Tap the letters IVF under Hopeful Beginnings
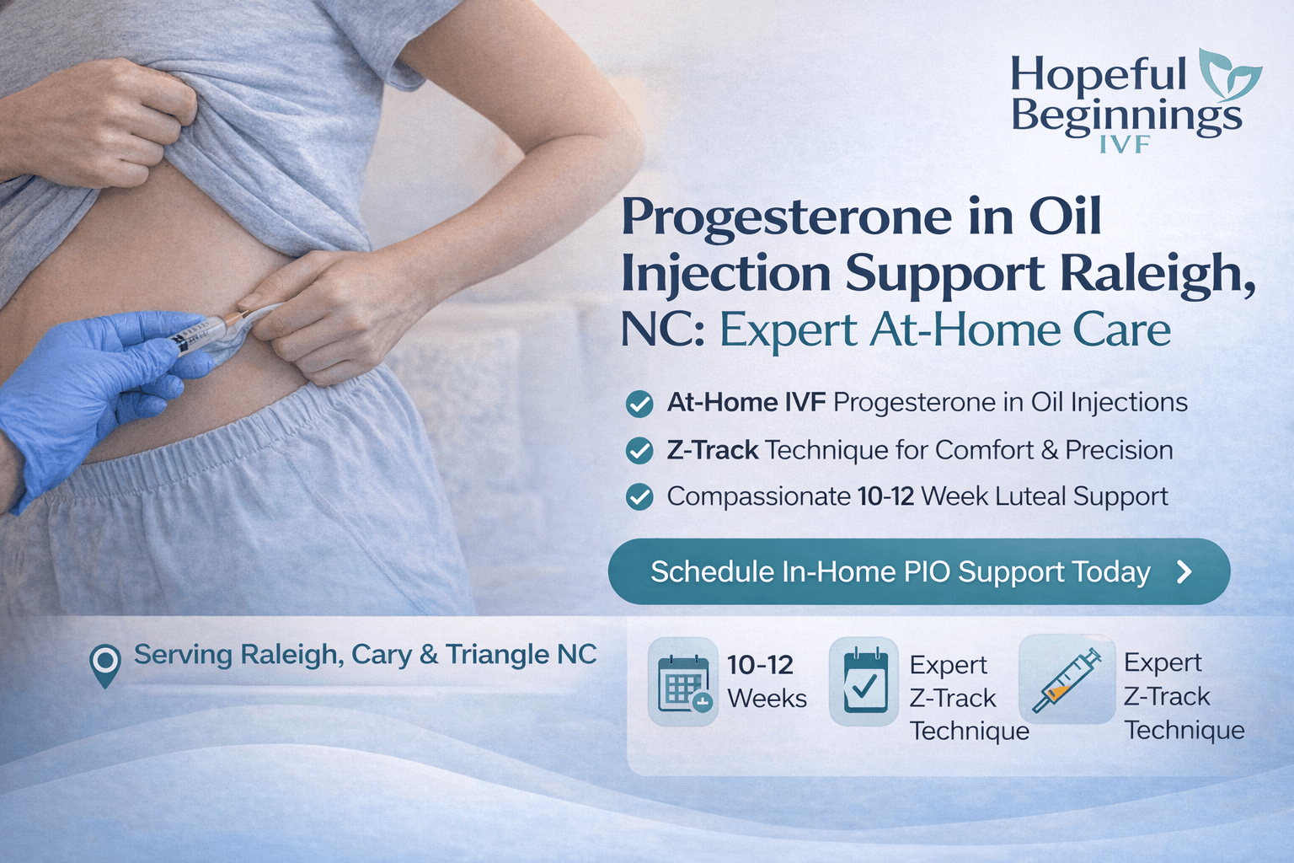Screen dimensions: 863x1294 1125,144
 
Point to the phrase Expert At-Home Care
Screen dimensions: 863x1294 944,330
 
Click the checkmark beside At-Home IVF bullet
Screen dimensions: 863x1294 639,404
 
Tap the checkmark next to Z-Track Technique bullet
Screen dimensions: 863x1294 639,451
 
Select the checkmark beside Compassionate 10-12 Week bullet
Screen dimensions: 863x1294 639,497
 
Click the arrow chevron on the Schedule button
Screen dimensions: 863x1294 1184,572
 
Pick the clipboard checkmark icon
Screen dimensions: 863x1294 864,681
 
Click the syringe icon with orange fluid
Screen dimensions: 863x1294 1067,679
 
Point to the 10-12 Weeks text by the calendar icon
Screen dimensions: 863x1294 766,681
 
